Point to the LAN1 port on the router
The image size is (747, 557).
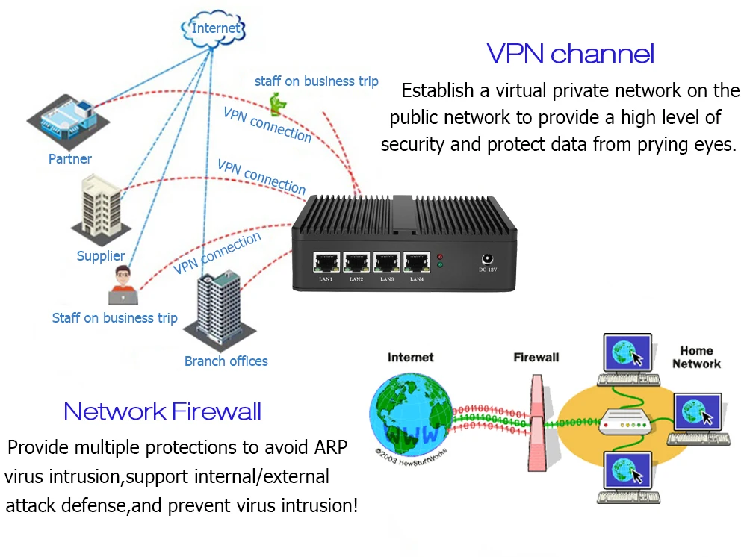tap(326, 262)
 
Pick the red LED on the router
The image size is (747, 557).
tap(440, 255)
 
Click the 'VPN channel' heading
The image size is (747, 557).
tap(570, 54)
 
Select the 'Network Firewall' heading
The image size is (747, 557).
tap(162, 411)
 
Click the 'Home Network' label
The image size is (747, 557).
tap(696, 357)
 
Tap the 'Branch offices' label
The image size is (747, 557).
tap(226, 361)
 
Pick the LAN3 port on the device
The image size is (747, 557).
tap(386, 262)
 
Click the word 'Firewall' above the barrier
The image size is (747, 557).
tap(536, 358)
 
